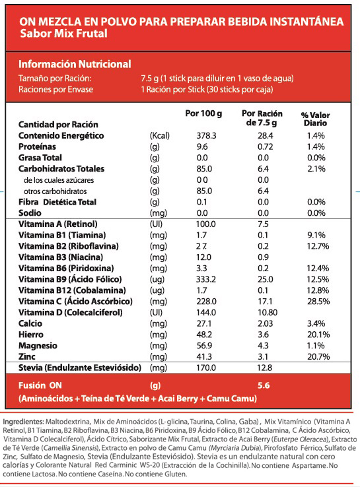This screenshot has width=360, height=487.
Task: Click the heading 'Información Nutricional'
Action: pos(75,64)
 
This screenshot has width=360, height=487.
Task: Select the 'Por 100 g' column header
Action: pos(203,114)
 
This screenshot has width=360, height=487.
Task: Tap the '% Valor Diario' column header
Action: pos(315,119)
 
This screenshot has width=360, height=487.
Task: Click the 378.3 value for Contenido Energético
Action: pos(207,136)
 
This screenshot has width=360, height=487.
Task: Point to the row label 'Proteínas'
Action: pos(37,146)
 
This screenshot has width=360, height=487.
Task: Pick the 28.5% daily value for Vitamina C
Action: pos(318,302)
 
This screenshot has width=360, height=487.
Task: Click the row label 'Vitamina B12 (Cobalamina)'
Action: pos(72,290)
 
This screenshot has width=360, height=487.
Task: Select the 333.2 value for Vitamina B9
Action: pos(206,279)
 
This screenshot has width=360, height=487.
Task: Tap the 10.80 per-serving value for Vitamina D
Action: pos(268,312)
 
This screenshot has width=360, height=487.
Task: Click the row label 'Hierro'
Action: pos(31,335)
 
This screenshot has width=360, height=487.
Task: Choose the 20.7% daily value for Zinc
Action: pos(318,356)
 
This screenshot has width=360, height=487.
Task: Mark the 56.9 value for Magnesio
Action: pos(204,346)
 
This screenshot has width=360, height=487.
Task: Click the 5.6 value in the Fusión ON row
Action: pos(264,385)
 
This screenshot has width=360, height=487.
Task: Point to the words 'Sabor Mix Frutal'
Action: pos(63,33)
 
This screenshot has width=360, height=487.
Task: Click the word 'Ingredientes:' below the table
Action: pos(23,422)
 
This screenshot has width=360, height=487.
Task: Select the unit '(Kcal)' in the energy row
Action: pos(160,136)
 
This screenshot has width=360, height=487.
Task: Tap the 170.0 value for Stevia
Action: pos(206,368)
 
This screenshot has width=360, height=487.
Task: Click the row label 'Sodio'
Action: pos(30,213)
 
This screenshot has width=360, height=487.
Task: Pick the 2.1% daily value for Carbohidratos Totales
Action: pos(316,169)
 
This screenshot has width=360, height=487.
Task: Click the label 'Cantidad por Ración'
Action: pos(58,125)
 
